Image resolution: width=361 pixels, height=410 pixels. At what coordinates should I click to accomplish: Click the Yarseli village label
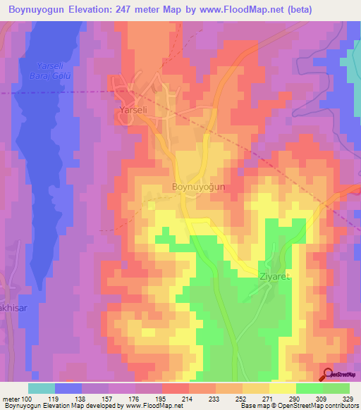(x=132, y=111)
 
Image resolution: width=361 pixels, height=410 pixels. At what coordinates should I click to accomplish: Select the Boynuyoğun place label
(x=198, y=187)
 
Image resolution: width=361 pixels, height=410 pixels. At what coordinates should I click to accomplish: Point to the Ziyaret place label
(x=274, y=278)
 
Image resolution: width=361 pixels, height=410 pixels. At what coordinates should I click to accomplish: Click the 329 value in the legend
(x=348, y=398)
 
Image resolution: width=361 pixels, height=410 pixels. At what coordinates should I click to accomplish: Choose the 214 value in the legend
(x=188, y=398)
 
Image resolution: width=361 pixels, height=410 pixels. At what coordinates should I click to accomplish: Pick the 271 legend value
(x=269, y=398)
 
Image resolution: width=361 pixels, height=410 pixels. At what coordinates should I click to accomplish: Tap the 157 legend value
(x=109, y=398)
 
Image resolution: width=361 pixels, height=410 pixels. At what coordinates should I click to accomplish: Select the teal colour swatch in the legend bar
(x=42, y=388)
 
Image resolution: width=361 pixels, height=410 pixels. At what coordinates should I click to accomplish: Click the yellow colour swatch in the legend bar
(x=282, y=388)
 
